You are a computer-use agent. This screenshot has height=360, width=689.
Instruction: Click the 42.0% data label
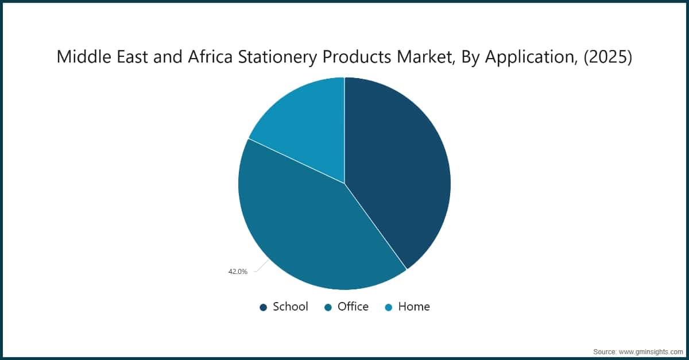[238, 272]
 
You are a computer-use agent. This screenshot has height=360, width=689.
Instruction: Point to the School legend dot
[264, 307]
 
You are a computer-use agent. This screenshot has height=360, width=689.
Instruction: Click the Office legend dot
[328, 307]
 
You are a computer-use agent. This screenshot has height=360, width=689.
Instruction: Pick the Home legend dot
[389, 307]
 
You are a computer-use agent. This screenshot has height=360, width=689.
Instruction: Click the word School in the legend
[291, 307]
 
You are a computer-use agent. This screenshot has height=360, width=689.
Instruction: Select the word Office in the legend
[353, 307]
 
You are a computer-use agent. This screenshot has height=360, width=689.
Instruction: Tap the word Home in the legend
[414, 307]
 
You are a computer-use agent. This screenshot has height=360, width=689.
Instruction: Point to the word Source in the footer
[605, 351]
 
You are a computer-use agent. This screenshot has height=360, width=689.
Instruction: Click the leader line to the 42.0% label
[261, 266]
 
